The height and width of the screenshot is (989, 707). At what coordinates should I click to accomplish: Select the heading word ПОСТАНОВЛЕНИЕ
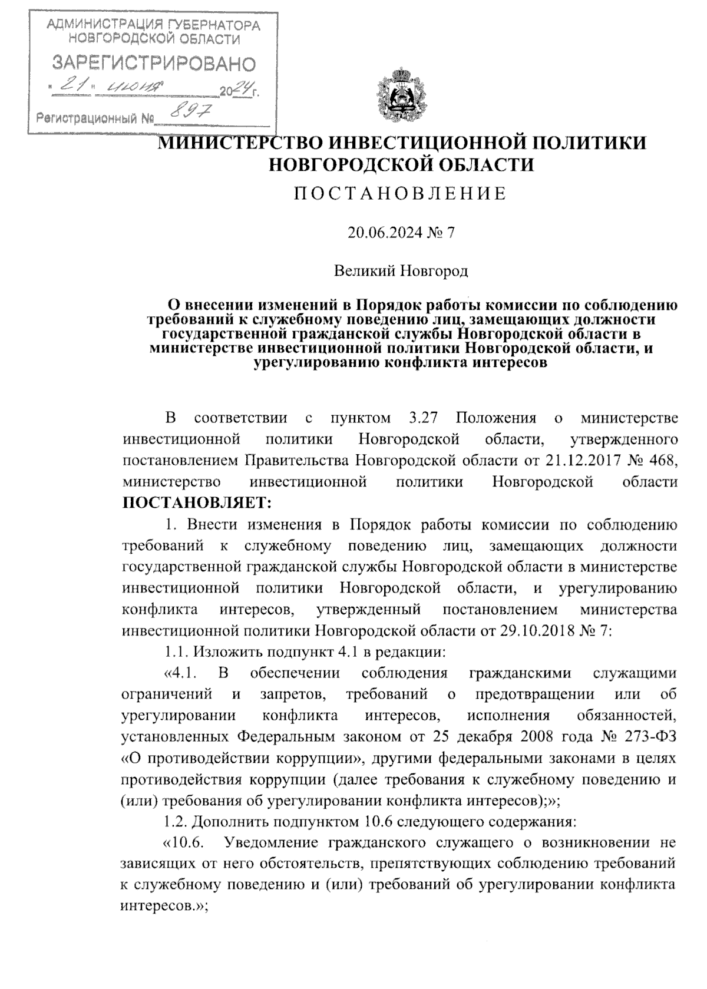pos(401,194)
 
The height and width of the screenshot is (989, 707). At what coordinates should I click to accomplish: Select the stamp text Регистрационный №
pos(95,118)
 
